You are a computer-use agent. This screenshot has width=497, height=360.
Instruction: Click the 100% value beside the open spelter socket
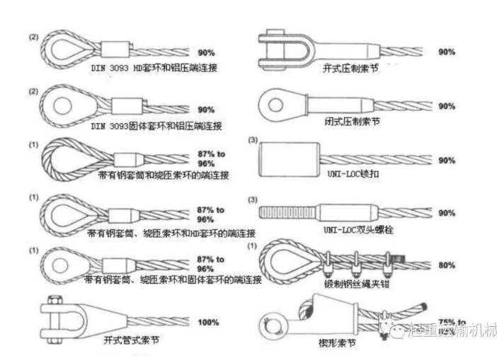[208, 323]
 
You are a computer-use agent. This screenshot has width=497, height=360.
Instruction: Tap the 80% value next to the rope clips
[446, 266]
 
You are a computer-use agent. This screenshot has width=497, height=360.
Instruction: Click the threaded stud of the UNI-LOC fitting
[287, 213]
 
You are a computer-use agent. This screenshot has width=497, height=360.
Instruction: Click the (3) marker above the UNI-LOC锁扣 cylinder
[253, 140]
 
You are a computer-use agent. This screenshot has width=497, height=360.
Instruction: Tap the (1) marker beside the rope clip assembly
[253, 245]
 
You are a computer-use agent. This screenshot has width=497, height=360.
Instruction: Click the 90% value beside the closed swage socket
[446, 106]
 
